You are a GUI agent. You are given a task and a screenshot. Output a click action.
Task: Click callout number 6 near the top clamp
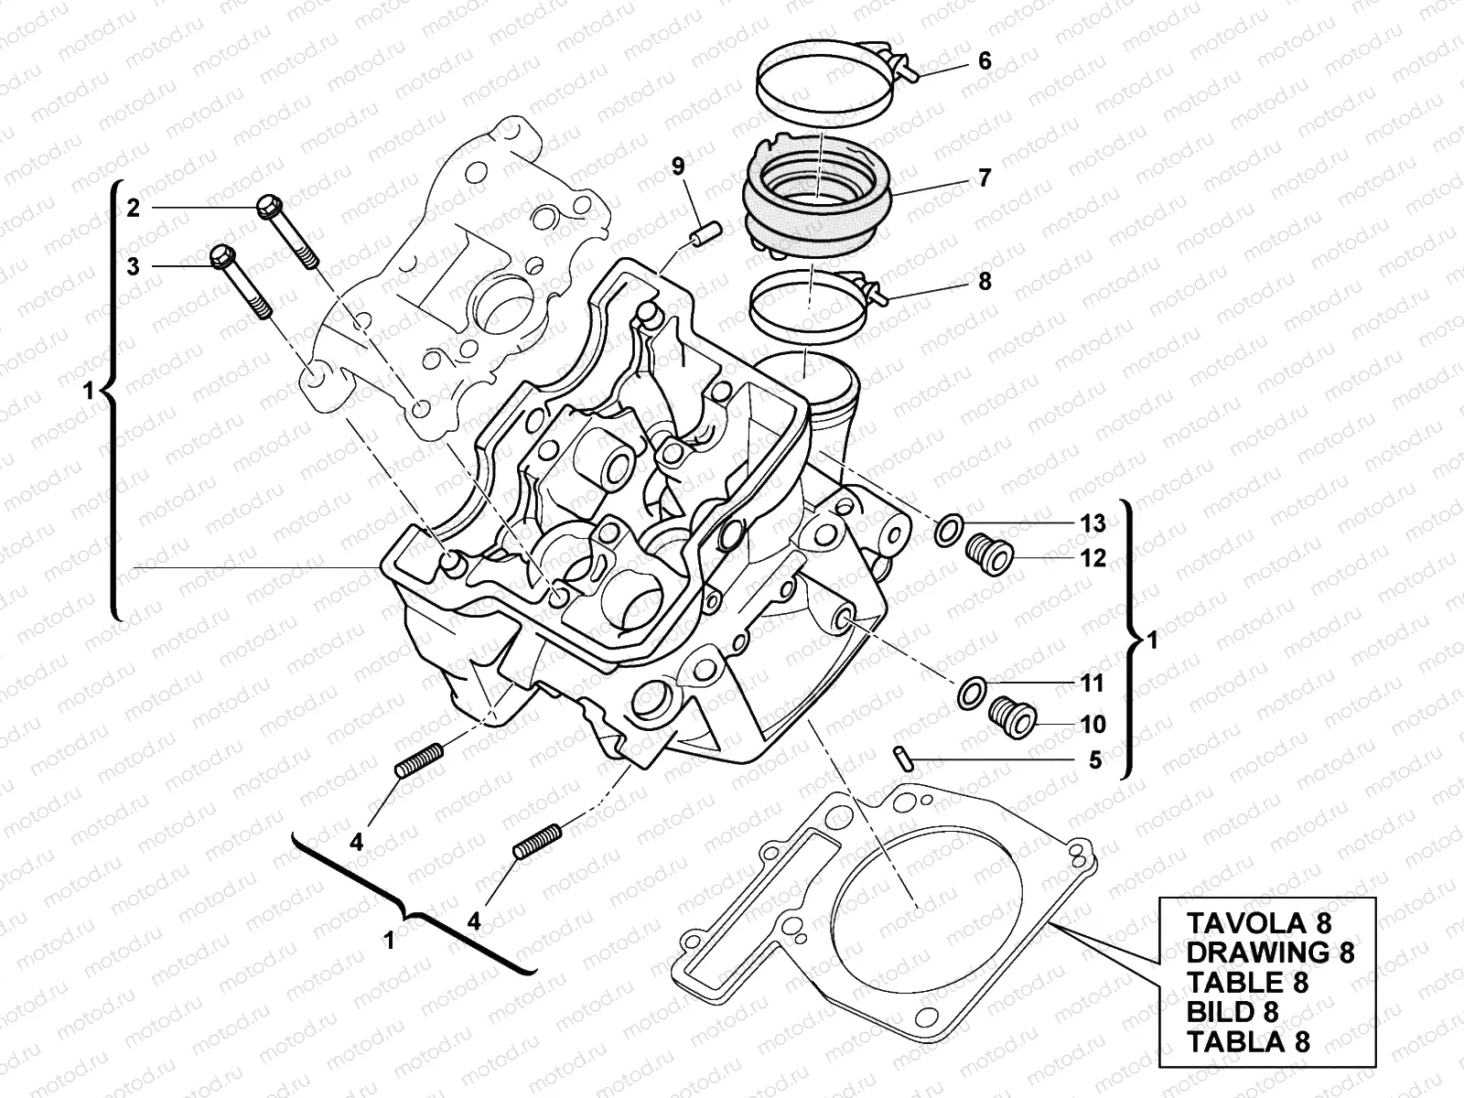[x=985, y=61]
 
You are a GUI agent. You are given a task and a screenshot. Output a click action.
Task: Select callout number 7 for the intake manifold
[x=985, y=178]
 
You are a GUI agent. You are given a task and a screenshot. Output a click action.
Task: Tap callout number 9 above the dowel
[x=678, y=166]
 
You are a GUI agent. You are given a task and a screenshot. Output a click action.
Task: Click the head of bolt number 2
[x=267, y=207]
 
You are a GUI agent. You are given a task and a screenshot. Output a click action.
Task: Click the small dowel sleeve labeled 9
[x=705, y=234]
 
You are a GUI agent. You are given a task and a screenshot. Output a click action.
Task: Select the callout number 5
[x=1095, y=760]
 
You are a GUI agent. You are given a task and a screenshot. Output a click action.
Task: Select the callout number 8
[x=985, y=281]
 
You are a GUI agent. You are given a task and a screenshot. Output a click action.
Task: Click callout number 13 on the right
[x=1093, y=523]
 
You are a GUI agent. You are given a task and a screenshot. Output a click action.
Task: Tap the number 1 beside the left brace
[x=88, y=392]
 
